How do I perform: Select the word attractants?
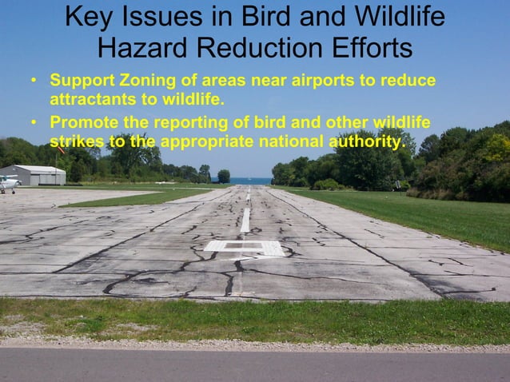click(89, 101)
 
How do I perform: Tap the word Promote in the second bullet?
click(82, 123)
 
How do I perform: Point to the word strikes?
click(74, 142)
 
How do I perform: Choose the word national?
click(290, 142)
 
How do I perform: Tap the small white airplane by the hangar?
click(8, 183)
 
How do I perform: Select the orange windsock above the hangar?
click(60, 149)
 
